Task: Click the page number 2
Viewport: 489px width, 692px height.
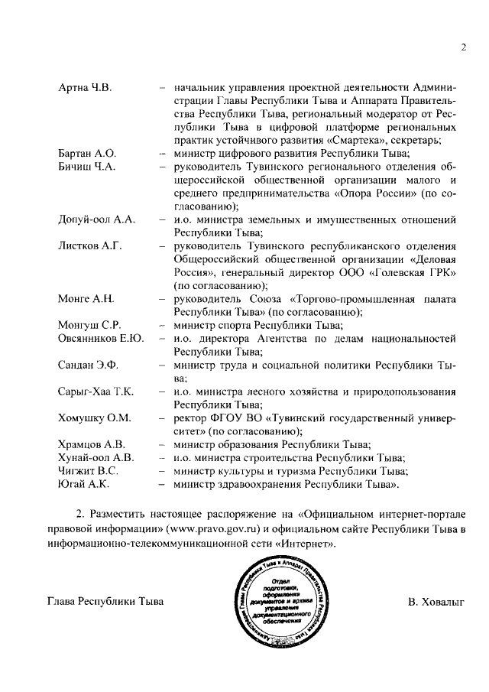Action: pos(463,48)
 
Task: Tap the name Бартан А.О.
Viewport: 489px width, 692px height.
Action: pos(86,154)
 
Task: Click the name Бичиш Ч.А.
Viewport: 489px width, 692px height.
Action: pos(86,167)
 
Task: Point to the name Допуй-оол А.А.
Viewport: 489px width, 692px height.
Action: pos(96,220)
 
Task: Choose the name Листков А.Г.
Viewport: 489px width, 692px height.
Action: pos(89,246)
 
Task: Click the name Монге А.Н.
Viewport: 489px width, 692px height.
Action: pos(86,299)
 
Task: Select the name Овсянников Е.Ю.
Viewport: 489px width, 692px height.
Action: pos(101,339)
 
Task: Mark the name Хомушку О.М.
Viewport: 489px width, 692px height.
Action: pos(95,418)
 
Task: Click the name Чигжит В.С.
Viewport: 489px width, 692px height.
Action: pos(87,471)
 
